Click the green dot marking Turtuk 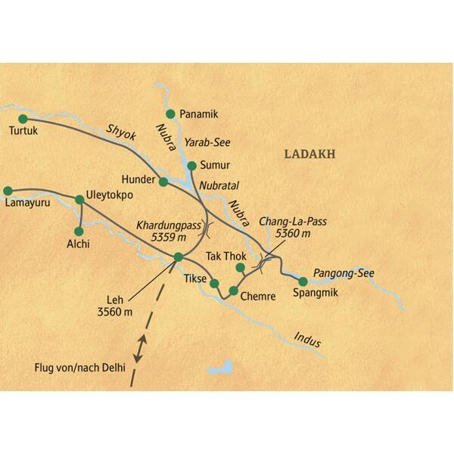coord(23,118)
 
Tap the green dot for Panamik coord(171,113)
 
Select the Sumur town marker coord(191,165)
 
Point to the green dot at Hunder coord(163,182)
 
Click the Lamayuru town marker coord(8,191)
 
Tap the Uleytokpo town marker coord(79,200)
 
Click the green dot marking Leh coord(178,257)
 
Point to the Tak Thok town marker coord(241,268)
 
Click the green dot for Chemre coord(233,291)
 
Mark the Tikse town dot coord(214,284)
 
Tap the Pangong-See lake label coord(345,273)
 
